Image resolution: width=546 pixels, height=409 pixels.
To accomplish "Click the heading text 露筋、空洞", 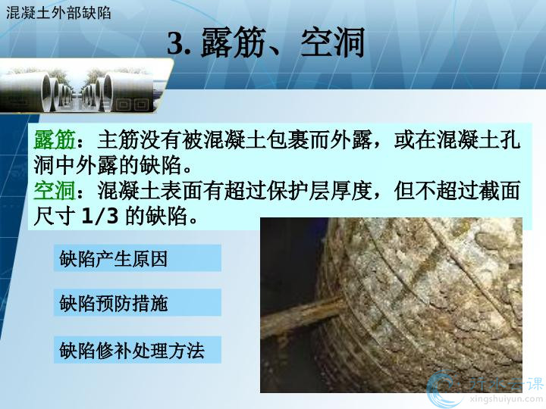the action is pyautogui.click(x=283, y=42).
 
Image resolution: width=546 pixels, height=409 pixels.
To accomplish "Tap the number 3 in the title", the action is pyautogui.click(x=175, y=43).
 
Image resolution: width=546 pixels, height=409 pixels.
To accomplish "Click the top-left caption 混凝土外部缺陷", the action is pyautogui.click(x=58, y=13).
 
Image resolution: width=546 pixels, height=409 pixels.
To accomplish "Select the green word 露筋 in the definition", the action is pyautogui.click(x=55, y=140).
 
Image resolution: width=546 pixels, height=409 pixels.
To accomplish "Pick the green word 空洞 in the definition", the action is pyautogui.click(x=55, y=191).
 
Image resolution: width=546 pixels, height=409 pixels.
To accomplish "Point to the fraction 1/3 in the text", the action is pyautogui.click(x=100, y=216).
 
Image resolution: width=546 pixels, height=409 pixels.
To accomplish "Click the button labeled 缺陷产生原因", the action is pyautogui.click(x=137, y=258).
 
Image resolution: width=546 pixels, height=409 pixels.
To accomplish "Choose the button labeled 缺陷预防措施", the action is pyautogui.click(x=137, y=302).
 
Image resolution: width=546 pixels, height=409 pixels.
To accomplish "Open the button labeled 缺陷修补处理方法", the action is pyautogui.click(x=137, y=350).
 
